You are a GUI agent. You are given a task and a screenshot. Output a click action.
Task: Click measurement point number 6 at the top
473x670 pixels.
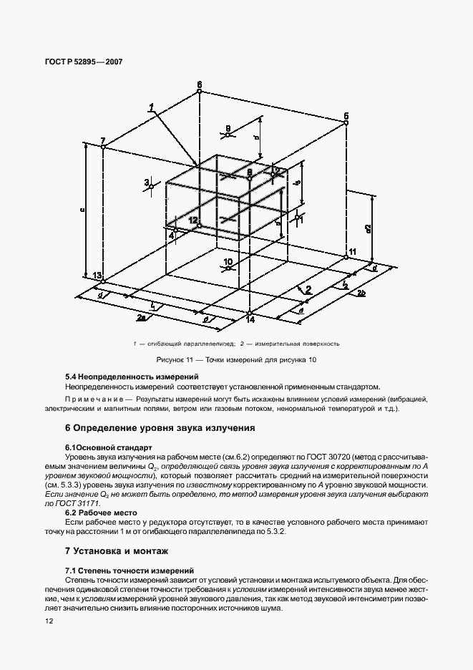(200, 91)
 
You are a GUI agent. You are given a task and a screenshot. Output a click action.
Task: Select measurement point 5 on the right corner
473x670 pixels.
(346, 122)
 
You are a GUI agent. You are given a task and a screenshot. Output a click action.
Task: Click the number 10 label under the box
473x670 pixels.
(228, 262)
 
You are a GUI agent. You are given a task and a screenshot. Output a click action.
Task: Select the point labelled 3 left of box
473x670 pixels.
(147, 183)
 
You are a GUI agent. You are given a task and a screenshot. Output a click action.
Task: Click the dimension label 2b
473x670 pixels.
(363, 294)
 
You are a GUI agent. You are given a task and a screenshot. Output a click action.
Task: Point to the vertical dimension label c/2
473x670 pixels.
(367, 228)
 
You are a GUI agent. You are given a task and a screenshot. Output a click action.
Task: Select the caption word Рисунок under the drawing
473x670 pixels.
(169, 359)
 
